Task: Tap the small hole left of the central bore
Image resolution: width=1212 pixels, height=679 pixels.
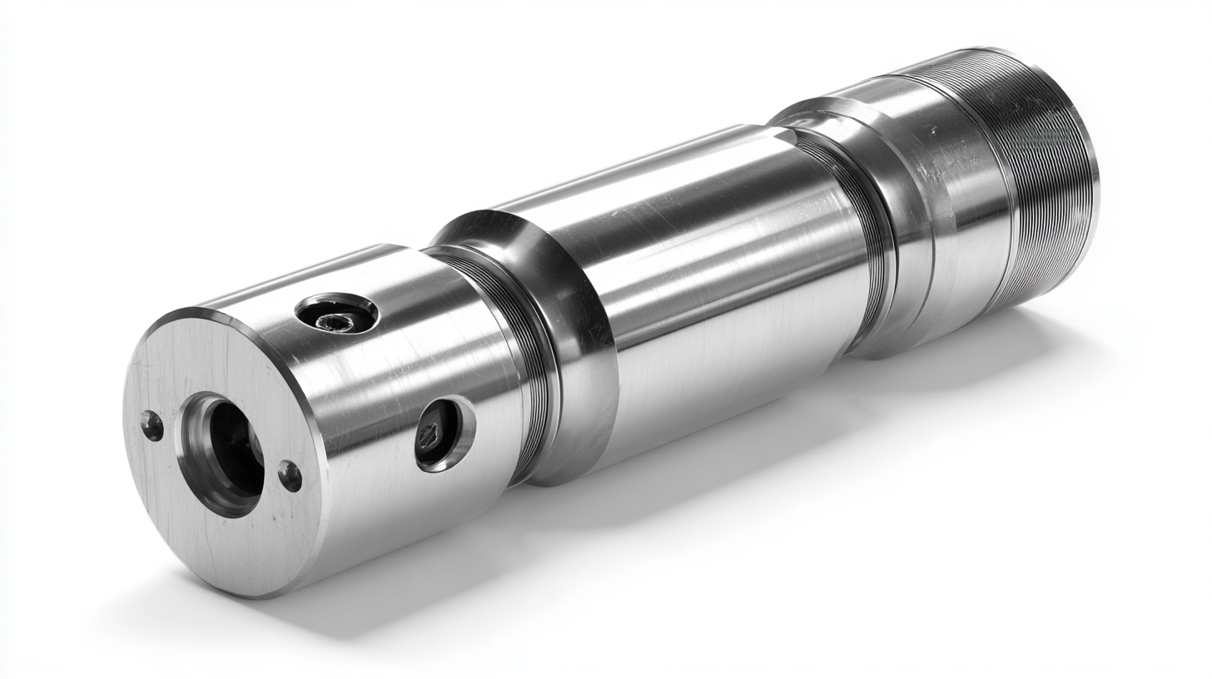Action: [152, 425]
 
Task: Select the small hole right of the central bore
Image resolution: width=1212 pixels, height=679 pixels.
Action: [290, 476]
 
